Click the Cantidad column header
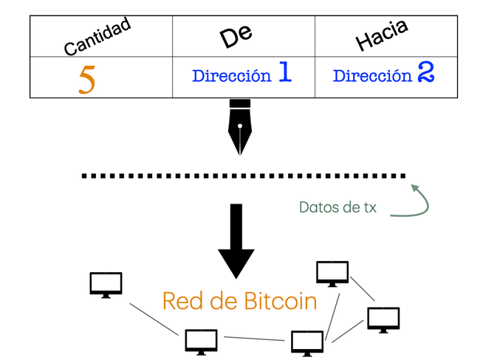tap(97, 37)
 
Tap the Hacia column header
tap(382, 35)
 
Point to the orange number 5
tap(86, 78)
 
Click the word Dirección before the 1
tap(232, 75)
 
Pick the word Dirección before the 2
tap(372, 76)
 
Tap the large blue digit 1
tap(285, 72)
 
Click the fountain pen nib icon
tap(240, 126)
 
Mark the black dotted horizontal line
tap(244, 176)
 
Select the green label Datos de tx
tap(337, 208)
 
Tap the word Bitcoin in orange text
tap(278, 301)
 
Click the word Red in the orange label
tap(181, 301)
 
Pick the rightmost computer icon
tap(383, 319)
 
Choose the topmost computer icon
tap(332, 273)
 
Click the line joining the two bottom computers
tap(255, 339)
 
